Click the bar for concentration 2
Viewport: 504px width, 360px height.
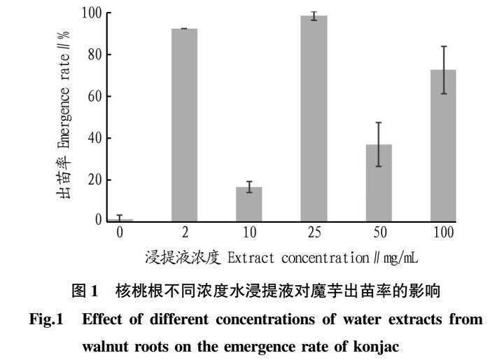[185, 125]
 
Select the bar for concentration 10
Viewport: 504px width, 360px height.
[249, 204]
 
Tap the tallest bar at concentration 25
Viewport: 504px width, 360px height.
[314, 118]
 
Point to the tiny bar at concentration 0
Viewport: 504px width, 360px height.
[120, 220]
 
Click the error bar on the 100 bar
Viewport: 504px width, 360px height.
[443, 70]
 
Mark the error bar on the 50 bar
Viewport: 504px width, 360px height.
[378, 144]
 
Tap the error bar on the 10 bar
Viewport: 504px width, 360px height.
[249, 187]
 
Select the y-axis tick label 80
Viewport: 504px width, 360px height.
[94, 55]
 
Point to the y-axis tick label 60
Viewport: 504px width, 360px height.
[94, 96]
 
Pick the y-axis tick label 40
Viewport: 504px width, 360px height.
[94, 138]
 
